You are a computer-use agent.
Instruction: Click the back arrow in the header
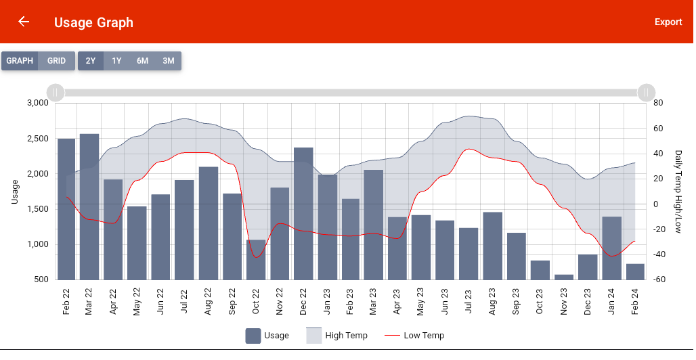(x=24, y=22)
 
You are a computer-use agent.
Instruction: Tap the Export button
(x=668, y=22)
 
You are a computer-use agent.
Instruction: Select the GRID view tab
(x=56, y=61)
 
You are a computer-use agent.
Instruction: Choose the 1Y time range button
(x=116, y=61)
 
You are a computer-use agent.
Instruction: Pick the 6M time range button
(x=142, y=61)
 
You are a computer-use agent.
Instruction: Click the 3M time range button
(x=169, y=61)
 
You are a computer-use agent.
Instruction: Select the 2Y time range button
(x=91, y=61)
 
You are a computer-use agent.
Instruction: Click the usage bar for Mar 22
(x=89, y=206)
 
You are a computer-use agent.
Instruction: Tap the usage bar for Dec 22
(x=303, y=213)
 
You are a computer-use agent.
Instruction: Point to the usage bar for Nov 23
(x=564, y=277)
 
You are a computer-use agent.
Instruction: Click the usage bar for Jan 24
(x=611, y=248)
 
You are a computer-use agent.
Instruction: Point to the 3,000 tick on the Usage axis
(x=37, y=103)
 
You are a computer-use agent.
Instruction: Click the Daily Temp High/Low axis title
(x=678, y=192)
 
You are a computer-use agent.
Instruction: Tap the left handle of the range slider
(x=56, y=93)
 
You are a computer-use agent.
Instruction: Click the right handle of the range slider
(x=647, y=93)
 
